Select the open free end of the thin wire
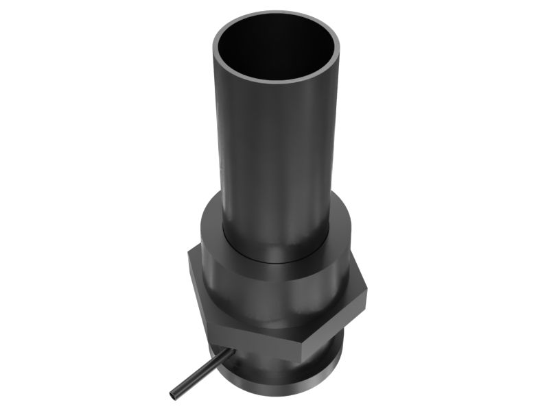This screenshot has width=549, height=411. [x=174, y=396]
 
